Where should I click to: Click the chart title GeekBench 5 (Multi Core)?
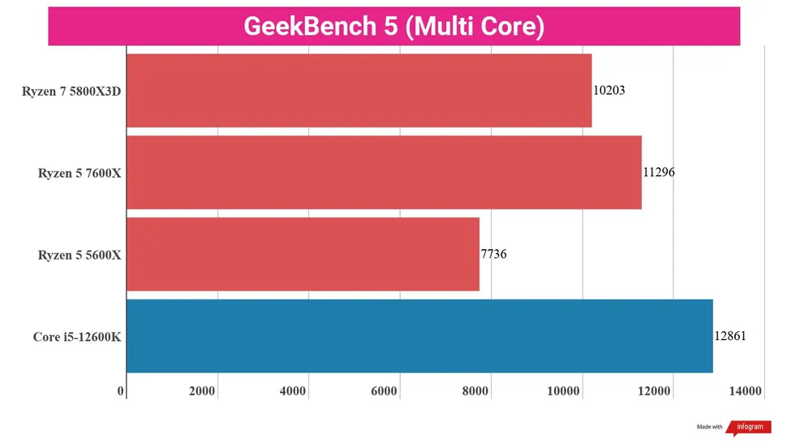point(393,26)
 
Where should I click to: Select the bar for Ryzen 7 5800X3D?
point(359,91)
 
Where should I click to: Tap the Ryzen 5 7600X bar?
point(384,173)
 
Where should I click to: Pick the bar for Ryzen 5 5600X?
point(303,254)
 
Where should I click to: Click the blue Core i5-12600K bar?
point(419,336)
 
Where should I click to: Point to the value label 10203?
point(609,91)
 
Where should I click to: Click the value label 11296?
point(659,173)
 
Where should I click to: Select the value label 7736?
point(493,254)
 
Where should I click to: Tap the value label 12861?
point(730,336)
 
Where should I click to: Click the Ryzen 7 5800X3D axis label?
point(71,92)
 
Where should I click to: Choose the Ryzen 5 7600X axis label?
point(80,173)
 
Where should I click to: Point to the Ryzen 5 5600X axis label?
point(80,255)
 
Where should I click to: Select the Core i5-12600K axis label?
point(77,337)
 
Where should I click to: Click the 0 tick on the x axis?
point(121,392)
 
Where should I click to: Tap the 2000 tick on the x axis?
point(202,392)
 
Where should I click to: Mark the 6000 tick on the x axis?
point(384,392)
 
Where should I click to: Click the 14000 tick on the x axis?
point(745,392)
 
